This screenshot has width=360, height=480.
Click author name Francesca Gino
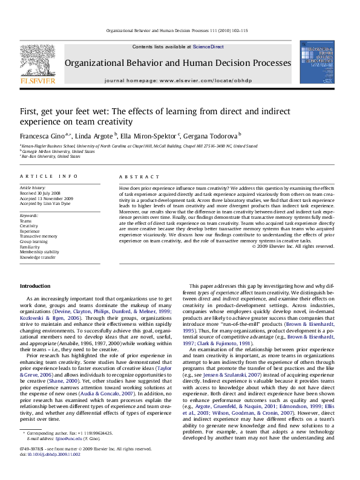[x=38, y=135]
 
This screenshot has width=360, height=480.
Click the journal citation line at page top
[x=179, y=30]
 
